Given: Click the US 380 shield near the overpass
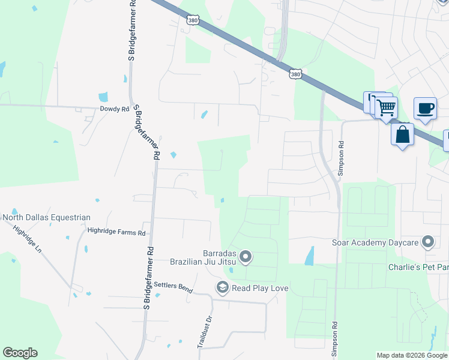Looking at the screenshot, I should pos(295,73).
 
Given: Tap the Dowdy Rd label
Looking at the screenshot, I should pos(114,109).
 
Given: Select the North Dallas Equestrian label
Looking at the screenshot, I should pos(46,217).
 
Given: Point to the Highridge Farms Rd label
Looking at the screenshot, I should pos(116,232).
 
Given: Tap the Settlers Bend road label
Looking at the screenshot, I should pos(173,287).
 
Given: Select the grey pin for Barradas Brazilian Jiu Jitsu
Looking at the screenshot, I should pos(246,257).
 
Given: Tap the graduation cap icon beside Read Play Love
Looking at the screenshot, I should pos(223,289).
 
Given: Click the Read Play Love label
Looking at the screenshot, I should pos(261,289).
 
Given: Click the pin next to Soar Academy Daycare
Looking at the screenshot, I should pos(428,242).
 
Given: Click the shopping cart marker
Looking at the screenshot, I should pos(387,108).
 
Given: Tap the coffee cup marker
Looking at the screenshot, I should pos(425,109).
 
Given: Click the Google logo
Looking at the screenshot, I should pos(20,353).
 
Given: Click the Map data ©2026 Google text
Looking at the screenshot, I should pos(412,355).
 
